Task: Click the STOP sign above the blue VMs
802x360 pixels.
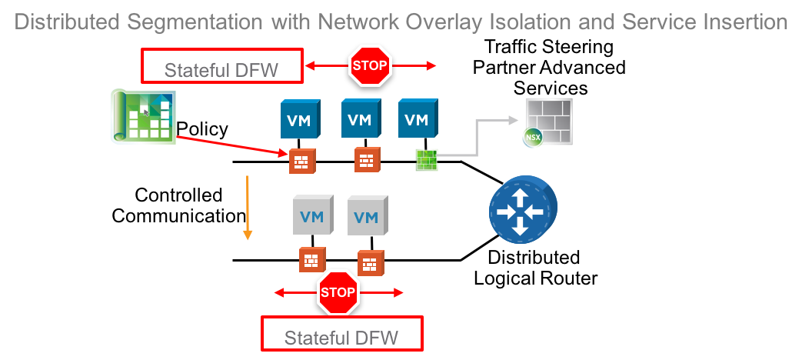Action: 371,65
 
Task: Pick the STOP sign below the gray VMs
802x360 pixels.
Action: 338,292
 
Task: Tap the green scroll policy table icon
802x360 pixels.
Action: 142,116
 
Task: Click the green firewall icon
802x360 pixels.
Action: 426,159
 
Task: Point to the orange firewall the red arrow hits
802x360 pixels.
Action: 299,162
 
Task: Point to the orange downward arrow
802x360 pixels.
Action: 248,208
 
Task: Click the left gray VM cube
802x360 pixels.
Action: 312,215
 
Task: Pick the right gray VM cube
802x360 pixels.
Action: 368,215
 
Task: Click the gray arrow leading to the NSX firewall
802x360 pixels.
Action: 477,138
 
